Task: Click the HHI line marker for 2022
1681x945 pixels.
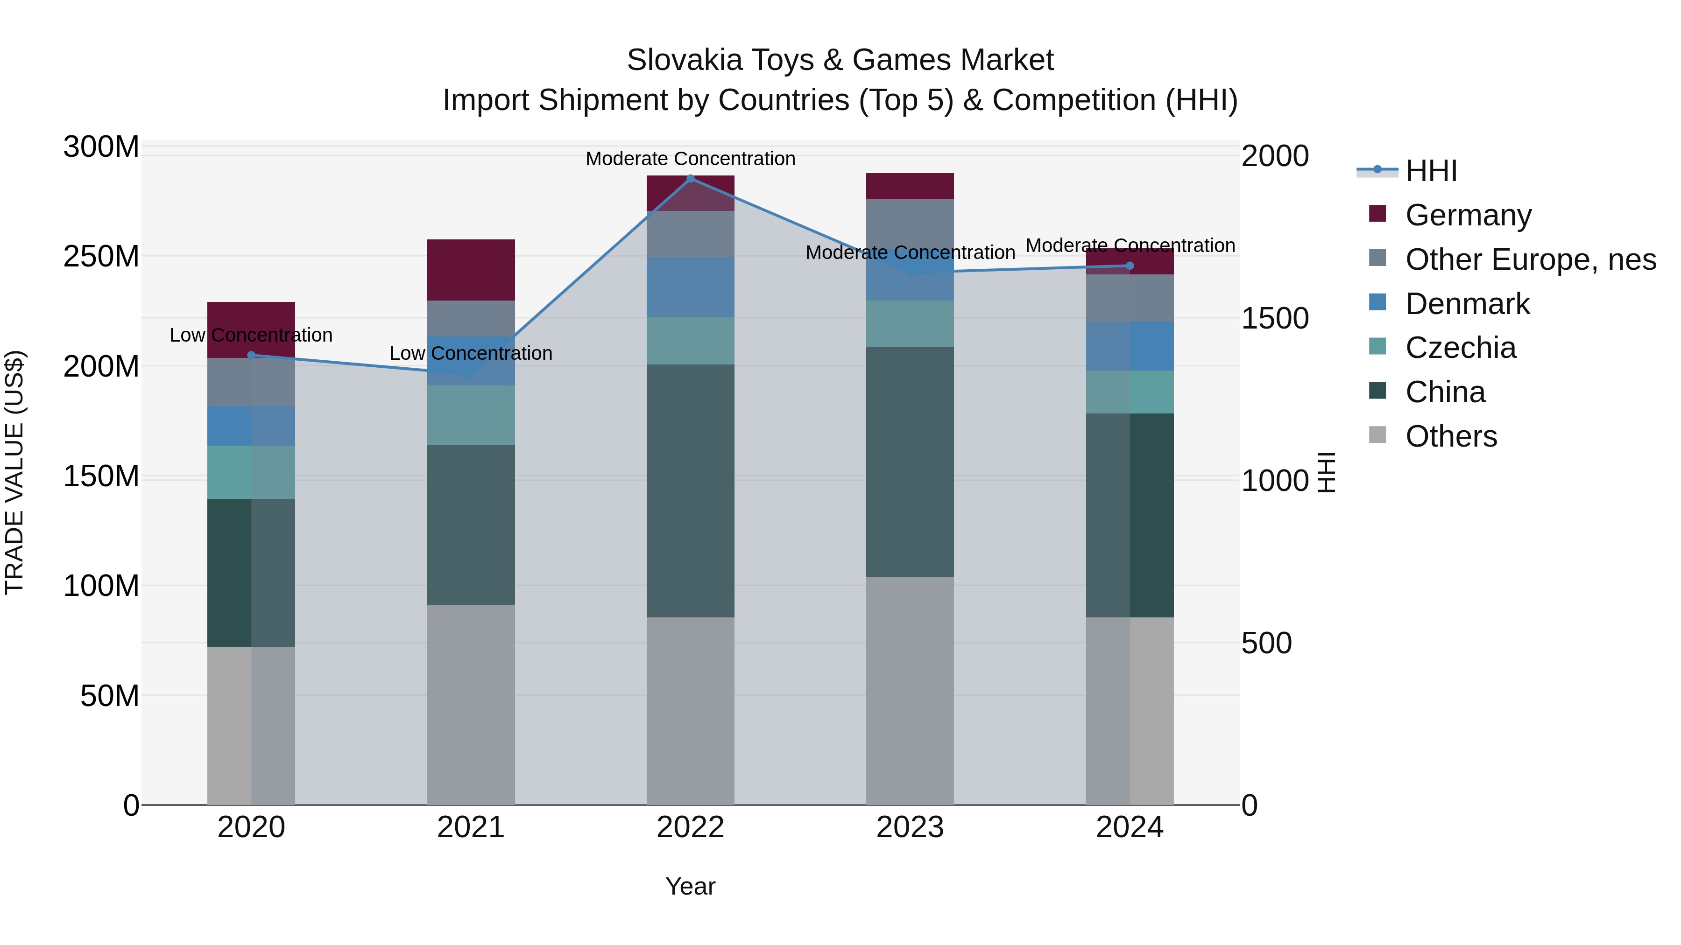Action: pyautogui.click(x=691, y=178)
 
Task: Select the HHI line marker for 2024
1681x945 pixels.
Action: pyautogui.click(x=1130, y=266)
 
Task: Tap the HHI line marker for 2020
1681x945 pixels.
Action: pyautogui.click(x=251, y=355)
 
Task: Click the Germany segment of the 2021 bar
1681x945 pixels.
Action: pyautogui.click(x=471, y=269)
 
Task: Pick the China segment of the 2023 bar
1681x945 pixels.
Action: pyautogui.click(x=910, y=461)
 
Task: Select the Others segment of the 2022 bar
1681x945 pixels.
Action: pyautogui.click(x=691, y=710)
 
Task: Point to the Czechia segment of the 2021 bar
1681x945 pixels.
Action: pyautogui.click(x=471, y=415)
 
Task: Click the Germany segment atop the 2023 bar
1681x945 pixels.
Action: pyautogui.click(x=910, y=186)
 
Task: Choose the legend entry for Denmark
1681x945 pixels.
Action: pyautogui.click(x=1467, y=304)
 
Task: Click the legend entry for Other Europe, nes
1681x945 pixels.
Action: pyautogui.click(x=1530, y=259)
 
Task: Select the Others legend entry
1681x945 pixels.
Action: pyautogui.click(x=1451, y=436)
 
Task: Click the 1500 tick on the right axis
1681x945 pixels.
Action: pyautogui.click(x=1274, y=318)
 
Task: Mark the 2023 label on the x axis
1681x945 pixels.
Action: pyautogui.click(x=910, y=827)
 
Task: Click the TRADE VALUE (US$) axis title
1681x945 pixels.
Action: pyautogui.click(x=14, y=472)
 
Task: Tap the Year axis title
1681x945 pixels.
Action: pyautogui.click(x=691, y=886)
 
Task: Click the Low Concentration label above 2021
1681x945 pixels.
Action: pyautogui.click(x=471, y=353)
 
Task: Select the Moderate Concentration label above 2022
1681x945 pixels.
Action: pyautogui.click(x=691, y=159)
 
